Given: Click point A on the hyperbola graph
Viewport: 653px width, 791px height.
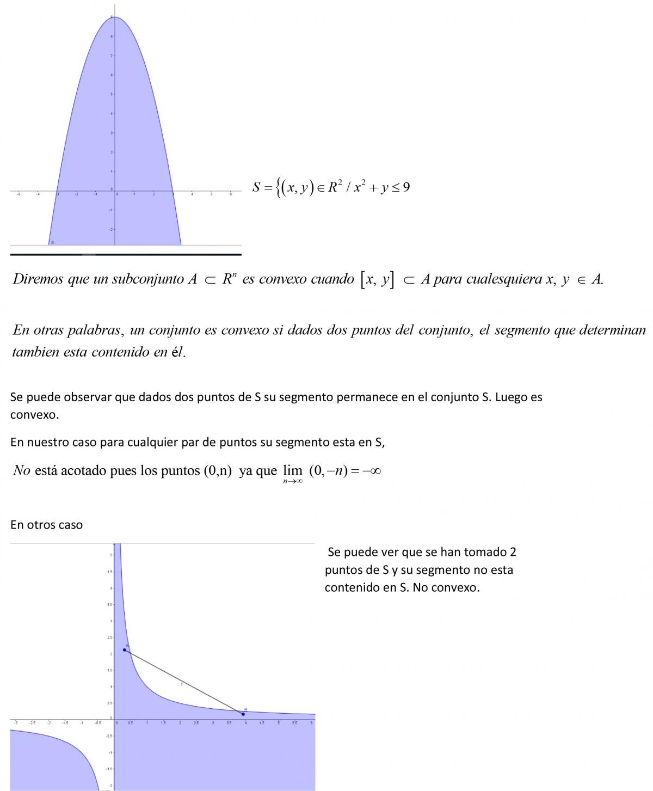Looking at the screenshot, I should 125,649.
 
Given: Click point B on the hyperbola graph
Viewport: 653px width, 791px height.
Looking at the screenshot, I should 243,714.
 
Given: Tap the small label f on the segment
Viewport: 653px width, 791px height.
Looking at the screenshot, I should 182,684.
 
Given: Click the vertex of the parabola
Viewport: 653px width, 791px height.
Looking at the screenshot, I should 115,17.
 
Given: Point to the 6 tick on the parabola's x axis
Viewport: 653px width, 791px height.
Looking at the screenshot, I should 231,193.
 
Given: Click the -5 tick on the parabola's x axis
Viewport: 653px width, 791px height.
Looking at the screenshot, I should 19,193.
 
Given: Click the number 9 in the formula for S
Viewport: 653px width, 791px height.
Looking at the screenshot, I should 406,187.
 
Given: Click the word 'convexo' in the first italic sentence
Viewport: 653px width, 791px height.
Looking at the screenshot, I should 284,279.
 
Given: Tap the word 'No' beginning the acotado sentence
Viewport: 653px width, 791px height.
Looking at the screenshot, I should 21,470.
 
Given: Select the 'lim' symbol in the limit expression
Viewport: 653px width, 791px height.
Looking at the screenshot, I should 292,471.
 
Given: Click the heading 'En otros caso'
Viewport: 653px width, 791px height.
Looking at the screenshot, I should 46,525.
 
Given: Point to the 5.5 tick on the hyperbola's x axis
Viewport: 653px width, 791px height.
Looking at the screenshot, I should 294,722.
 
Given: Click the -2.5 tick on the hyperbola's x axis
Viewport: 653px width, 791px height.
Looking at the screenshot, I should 32,722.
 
